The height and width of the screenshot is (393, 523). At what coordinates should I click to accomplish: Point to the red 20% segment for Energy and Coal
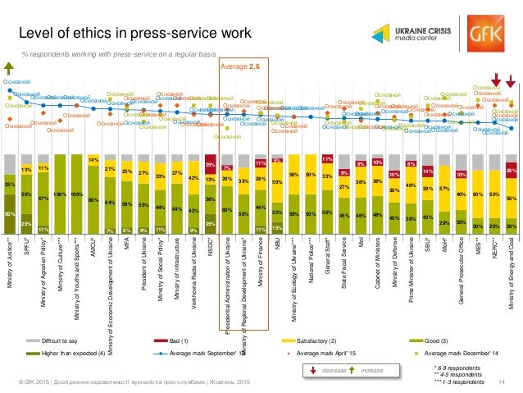click(x=511, y=170)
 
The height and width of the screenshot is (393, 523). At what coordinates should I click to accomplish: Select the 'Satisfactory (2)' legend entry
click(x=311, y=339)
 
